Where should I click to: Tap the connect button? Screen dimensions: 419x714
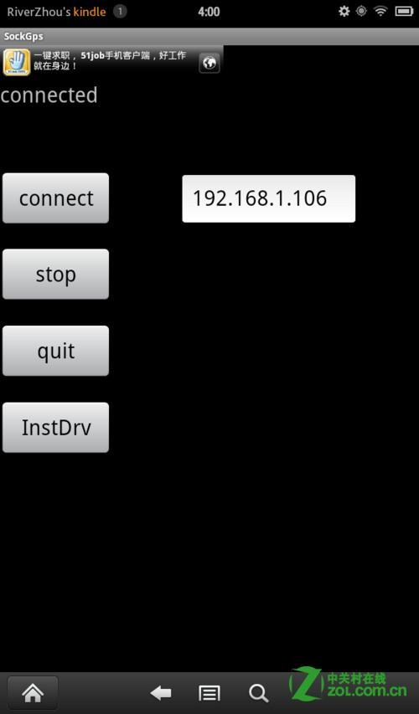coord(55,198)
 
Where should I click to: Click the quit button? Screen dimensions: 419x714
coord(55,351)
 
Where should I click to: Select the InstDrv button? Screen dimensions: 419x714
coord(55,427)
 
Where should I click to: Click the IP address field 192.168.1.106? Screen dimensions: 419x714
coord(268,198)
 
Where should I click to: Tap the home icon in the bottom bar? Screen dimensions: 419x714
coord(33,693)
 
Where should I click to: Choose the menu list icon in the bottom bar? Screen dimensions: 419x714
coord(209,694)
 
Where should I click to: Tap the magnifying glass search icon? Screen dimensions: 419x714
coord(258,694)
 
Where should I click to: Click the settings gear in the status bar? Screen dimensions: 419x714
coord(344,12)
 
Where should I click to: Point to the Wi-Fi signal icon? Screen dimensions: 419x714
coord(380,12)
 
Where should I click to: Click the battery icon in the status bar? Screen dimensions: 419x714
coord(404,12)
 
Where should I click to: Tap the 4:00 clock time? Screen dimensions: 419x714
coord(209,12)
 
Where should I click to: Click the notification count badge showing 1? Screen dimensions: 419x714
coord(120,12)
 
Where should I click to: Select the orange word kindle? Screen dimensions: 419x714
coord(90,12)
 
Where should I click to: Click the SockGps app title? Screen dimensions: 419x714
coord(23,37)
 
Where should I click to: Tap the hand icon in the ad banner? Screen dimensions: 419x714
coord(17,62)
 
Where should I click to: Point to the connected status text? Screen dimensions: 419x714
coord(49,95)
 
